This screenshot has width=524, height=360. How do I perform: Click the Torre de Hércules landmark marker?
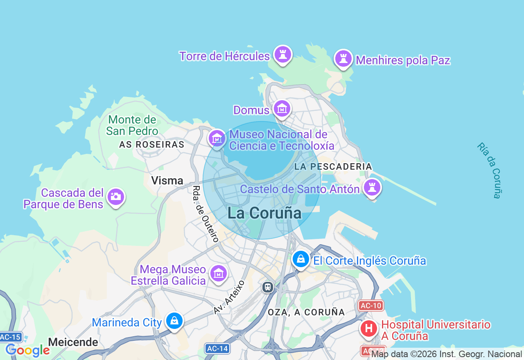[282, 55]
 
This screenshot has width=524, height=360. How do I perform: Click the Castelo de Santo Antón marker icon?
[372, 188]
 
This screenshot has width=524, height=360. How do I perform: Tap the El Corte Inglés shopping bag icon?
[301, 259]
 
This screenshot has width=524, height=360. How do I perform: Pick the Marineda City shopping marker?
[174, 321]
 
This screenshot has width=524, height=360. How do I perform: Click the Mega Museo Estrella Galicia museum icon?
[218, 274]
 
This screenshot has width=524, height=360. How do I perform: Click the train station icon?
[268, 287]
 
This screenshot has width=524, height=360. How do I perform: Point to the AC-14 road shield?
[217, 349]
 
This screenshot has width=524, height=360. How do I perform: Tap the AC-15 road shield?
[10, 337]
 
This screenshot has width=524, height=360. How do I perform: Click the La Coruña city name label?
[264, 213]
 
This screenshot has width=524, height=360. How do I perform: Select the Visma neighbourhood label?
[167, 180]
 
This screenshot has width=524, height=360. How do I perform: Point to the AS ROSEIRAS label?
[151, 144]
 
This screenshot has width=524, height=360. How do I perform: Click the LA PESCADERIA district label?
[333, 166]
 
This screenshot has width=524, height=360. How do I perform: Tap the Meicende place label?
[73, 342]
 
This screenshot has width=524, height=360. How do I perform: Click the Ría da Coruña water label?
[490, 170]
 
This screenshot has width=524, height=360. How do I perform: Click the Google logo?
[27, 350]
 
